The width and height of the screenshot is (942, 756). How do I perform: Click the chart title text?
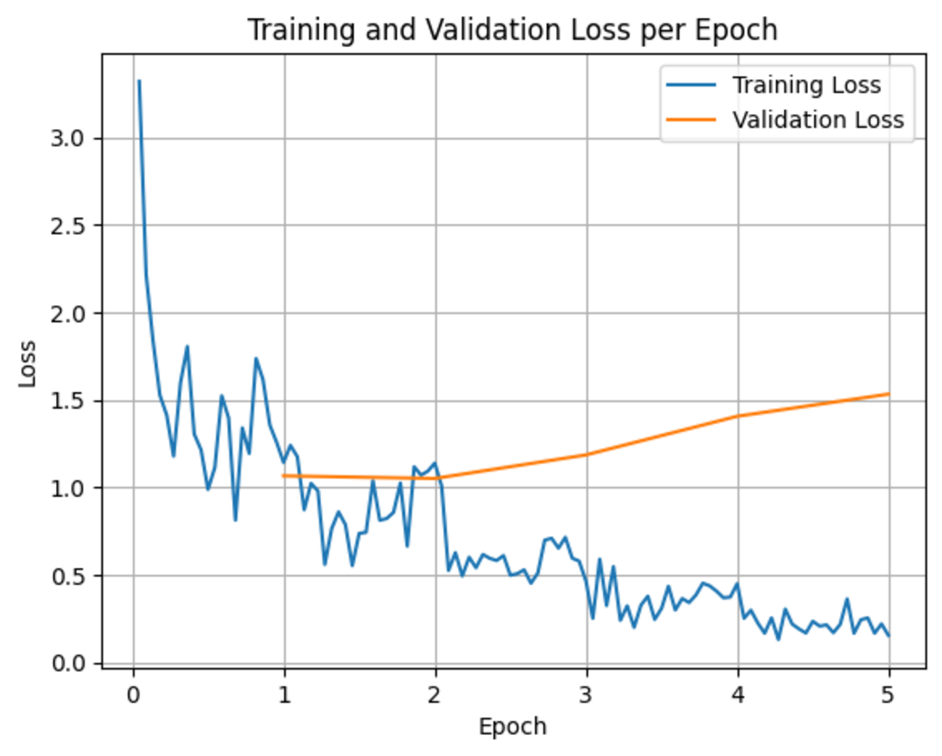pyautogui.click(x=512, y=30)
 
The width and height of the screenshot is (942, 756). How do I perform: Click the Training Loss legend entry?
pyautogui.click(x=806, y=86)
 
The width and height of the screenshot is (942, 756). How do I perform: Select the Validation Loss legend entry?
pyautogui.click(x=817, y=120)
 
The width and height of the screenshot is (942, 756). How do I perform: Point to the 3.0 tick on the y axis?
pyautogui.click(x=68, y=138)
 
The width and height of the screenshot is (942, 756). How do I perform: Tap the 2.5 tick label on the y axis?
pyautogui.click(x=68, y=226)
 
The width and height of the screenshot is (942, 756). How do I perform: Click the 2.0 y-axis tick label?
pyautogui.click(x=68, y=314)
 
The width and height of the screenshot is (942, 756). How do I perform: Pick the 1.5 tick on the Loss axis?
pyautogui.click(x=68, y=402)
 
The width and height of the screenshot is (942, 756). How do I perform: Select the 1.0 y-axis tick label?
pyautogui.click(x=68, y=489)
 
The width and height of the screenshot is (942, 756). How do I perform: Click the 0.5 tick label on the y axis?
pyautogui.click(x=68, y=576)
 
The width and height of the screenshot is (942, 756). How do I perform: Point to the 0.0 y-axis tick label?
pyautogui.click(x=68, y=664)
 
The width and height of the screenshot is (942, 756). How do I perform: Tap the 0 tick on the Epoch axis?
pyautogui.click(x=133, y=695)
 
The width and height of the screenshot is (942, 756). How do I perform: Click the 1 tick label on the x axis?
pyautogui.click(x=284, y=695)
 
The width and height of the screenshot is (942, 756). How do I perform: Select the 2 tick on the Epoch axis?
pyautogui.click(x=435, y=695)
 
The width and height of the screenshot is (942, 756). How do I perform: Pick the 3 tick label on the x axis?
pyautogui.click(x=586, y=695)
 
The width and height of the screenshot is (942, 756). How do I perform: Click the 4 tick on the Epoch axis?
pyautogui.click(x=738, y=695)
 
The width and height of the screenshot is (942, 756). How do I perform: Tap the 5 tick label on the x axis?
pyautogui.click(x=888, y=695)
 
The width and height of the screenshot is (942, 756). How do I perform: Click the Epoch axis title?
pyautogui.click(x=512, y=726)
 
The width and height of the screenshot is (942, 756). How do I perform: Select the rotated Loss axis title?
pyautogui.click(x=28, y=364)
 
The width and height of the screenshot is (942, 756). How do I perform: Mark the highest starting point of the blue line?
pyautogui.click(x=139, y=81)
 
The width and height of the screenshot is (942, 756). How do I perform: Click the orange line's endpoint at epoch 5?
pyautogui.click(x=888, y=394)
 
